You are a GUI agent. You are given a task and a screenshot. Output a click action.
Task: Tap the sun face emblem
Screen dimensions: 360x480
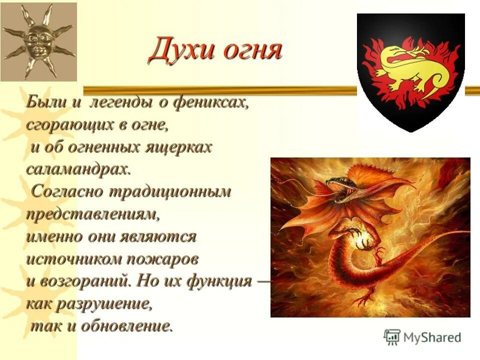[38, 41]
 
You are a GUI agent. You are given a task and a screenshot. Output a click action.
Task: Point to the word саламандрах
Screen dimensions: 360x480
[77, 169]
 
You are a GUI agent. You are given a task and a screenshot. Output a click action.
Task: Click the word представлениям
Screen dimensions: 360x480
[92, 214]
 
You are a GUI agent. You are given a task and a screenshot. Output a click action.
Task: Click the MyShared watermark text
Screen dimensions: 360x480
[432, 337]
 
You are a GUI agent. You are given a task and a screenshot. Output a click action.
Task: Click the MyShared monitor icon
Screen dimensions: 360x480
[392, 337]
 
